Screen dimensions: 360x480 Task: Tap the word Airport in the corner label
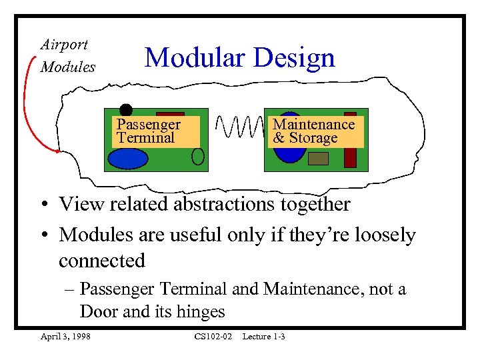(x=64, y=45)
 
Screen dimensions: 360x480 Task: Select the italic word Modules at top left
(x=68, y=67)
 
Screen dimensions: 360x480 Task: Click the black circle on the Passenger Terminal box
(x=126, y=109)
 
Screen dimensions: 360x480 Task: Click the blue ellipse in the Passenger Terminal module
(x=129, y=159)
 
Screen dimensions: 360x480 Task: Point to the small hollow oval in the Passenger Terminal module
(x=198, y=156)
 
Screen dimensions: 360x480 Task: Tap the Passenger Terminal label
(x=148, y=131)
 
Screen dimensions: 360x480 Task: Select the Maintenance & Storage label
(x=314, y=131)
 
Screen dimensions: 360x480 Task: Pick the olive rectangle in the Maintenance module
(x=318, y=159)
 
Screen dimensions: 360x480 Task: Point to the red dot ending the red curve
(x=59, y=151)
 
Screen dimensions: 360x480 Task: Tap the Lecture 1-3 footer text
(x=263, y=337)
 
